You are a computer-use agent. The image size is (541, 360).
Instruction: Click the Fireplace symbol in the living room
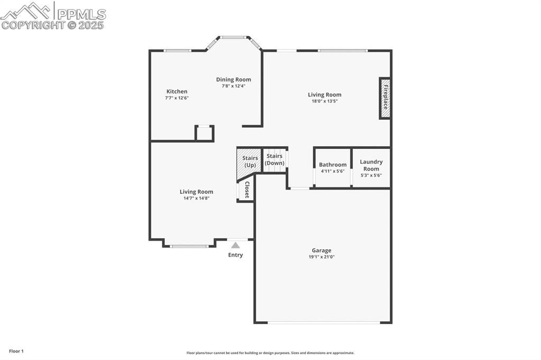tap(385, 98)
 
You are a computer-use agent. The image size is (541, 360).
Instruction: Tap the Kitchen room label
tap(176, 91)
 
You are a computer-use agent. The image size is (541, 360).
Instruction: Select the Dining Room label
tap(234, 80)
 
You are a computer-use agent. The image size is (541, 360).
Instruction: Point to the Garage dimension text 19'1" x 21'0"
tap(321, 257)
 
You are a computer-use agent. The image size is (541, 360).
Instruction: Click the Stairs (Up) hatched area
tap(249, 164)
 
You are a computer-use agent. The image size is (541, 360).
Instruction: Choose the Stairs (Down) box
tap(275, 159)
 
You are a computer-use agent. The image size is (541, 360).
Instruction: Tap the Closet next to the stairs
tap(246, 190)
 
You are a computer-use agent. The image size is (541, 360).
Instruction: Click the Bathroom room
tap(333, 168)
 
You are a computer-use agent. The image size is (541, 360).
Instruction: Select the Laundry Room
tap(371, 168)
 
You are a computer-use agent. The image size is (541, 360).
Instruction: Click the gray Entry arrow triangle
tap(236, 245)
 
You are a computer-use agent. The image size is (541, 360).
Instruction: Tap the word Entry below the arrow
tap(236, 255)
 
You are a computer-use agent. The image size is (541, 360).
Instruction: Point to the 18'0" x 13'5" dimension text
tap(324, 101)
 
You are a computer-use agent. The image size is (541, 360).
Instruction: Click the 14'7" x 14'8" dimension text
tap(196, 198)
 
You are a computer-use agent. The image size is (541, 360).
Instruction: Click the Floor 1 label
tap(16, 351)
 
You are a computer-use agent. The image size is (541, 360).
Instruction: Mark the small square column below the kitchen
tap(204, 133)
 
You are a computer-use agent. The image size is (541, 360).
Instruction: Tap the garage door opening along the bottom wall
tap(323, 322)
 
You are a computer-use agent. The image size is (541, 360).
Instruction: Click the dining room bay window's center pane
tap(234, 37)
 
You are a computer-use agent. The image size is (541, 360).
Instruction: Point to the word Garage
tap(321, 250)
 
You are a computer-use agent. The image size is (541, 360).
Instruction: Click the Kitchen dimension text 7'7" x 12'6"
tap(176, 98)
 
